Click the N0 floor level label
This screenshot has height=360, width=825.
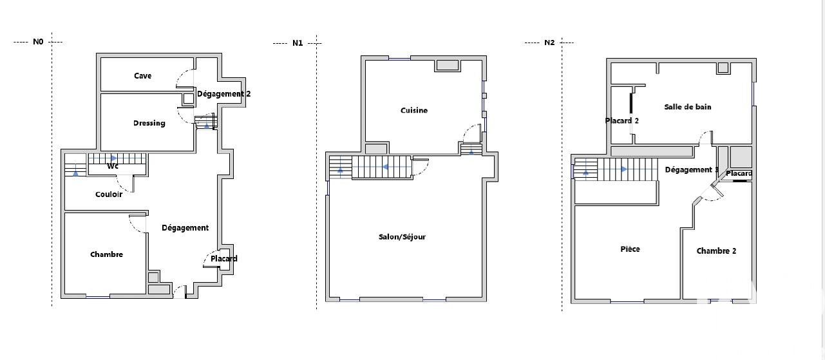[x=38, y=42]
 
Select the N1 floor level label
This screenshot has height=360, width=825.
[x=298, y=43]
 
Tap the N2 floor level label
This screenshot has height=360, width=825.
[x=549, y=43]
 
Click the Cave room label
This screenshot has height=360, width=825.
[x=142, y=76]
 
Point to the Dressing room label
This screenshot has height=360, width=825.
[x=149, y=123]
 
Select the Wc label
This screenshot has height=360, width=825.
[x=113, y=166]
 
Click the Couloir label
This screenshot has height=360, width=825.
[x=109, y=194]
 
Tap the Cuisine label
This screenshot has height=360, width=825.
[x=414, y=110]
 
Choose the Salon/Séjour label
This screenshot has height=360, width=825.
[x=402, y=236]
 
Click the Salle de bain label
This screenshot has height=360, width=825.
[x=688, y=107]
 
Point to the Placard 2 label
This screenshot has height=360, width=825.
[x=621, y=120]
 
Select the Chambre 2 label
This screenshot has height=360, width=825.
[x=716, y=251]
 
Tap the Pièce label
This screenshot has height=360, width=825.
[x=630, y=249]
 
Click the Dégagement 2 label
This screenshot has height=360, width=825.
[x=223, y=94]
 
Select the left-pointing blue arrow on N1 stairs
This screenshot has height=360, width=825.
[x=384, y=167]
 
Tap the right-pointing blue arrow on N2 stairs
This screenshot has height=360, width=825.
[x=624, y=169]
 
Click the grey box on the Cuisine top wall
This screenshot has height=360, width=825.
[x=447, y=65]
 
